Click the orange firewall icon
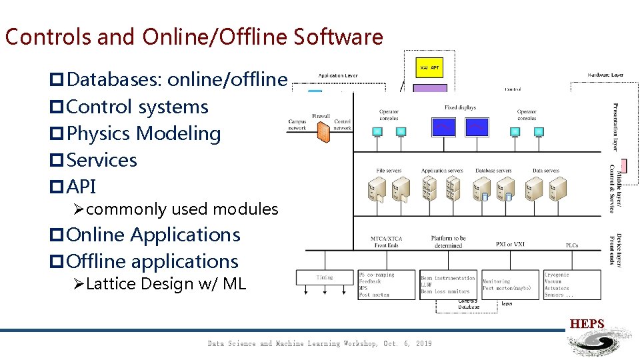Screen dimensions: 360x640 pos(323,132)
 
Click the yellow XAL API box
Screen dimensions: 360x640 pos(429,67)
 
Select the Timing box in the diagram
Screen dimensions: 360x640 pos(325,277)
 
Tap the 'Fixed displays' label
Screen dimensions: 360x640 pos(460,107)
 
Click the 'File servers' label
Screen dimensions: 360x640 pos(389,171)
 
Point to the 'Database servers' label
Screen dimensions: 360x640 pos(493,171)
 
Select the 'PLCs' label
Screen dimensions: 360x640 pos(571,245)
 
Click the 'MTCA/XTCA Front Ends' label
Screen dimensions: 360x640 pos(387,241)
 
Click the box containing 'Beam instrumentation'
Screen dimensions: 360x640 pos(448,285)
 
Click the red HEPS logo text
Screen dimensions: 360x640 pos(587,325)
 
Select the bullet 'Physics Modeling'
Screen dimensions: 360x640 pos(143,133)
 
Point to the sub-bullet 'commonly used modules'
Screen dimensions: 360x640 pos(181,209)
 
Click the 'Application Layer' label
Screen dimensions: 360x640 pos(337,76)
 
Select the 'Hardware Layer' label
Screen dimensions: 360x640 pos(605,75)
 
